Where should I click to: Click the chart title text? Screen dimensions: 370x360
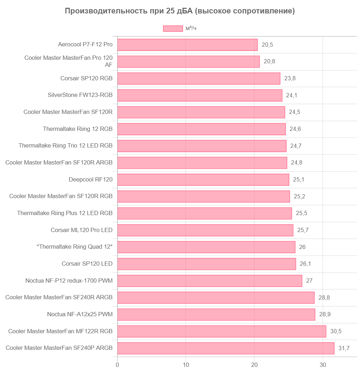(180, 11)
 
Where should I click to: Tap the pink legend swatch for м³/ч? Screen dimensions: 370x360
(173, 29)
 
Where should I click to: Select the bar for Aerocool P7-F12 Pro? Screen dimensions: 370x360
(187, 45)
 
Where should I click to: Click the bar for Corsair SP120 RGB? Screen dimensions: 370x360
(199, 79)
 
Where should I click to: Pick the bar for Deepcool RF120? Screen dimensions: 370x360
(203, 180)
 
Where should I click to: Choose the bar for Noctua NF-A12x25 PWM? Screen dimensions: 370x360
(216, 314)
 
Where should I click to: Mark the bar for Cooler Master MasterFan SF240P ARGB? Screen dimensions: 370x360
(226, 348)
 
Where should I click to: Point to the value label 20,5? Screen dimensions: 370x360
(267, 45)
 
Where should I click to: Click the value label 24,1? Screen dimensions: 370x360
(292, 96)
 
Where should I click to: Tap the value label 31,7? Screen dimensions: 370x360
(344, 348)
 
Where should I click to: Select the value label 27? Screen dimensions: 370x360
(309, 281)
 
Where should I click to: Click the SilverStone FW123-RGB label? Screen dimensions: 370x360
(80, 95)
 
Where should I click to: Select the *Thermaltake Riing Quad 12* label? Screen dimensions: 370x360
(75, 247)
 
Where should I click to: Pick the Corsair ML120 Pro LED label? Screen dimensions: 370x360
(82, 230)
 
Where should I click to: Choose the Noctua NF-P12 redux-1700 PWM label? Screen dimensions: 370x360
(69, 281)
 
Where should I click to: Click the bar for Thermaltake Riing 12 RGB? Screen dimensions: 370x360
(201, 129)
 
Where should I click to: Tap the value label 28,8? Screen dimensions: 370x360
(324, 298)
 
